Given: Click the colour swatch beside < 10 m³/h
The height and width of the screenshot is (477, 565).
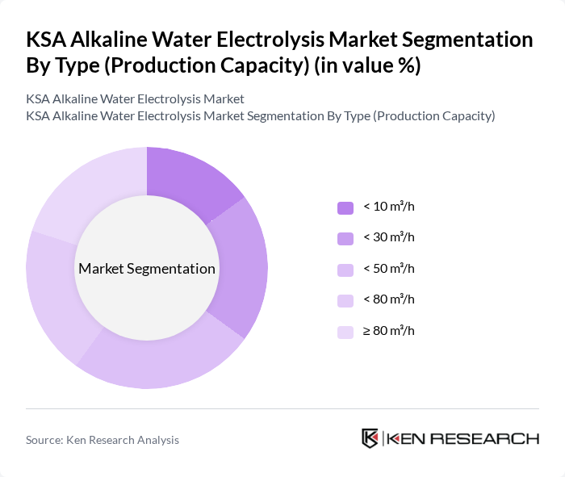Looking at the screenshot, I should click(x=345, y=207).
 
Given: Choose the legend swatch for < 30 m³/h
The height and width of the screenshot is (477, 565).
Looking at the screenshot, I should click(x=345, y=238).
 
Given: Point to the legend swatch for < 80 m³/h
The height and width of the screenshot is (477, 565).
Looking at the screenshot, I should click(x=345, y=300).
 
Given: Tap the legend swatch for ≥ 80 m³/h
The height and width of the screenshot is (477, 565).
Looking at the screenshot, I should click(x=345, y=331).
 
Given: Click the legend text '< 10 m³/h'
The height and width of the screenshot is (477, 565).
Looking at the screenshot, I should click(x=388, y=207).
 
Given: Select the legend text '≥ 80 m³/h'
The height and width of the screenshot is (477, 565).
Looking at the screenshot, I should click(x=388, y=330).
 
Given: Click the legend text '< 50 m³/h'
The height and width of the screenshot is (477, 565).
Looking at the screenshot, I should click(x=388, y=269).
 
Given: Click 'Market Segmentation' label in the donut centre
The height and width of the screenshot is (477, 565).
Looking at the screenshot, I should click(x=147, y=269).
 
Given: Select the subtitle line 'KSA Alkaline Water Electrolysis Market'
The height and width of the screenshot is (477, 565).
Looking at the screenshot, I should click(x=135, y=99).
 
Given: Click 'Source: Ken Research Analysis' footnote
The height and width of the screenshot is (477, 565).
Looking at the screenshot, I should click(x=103, y=440).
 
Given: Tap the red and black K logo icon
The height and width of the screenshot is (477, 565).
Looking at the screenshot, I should click(x=370, y=438).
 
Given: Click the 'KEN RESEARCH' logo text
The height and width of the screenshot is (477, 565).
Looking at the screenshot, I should click(x=462, y=439).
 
